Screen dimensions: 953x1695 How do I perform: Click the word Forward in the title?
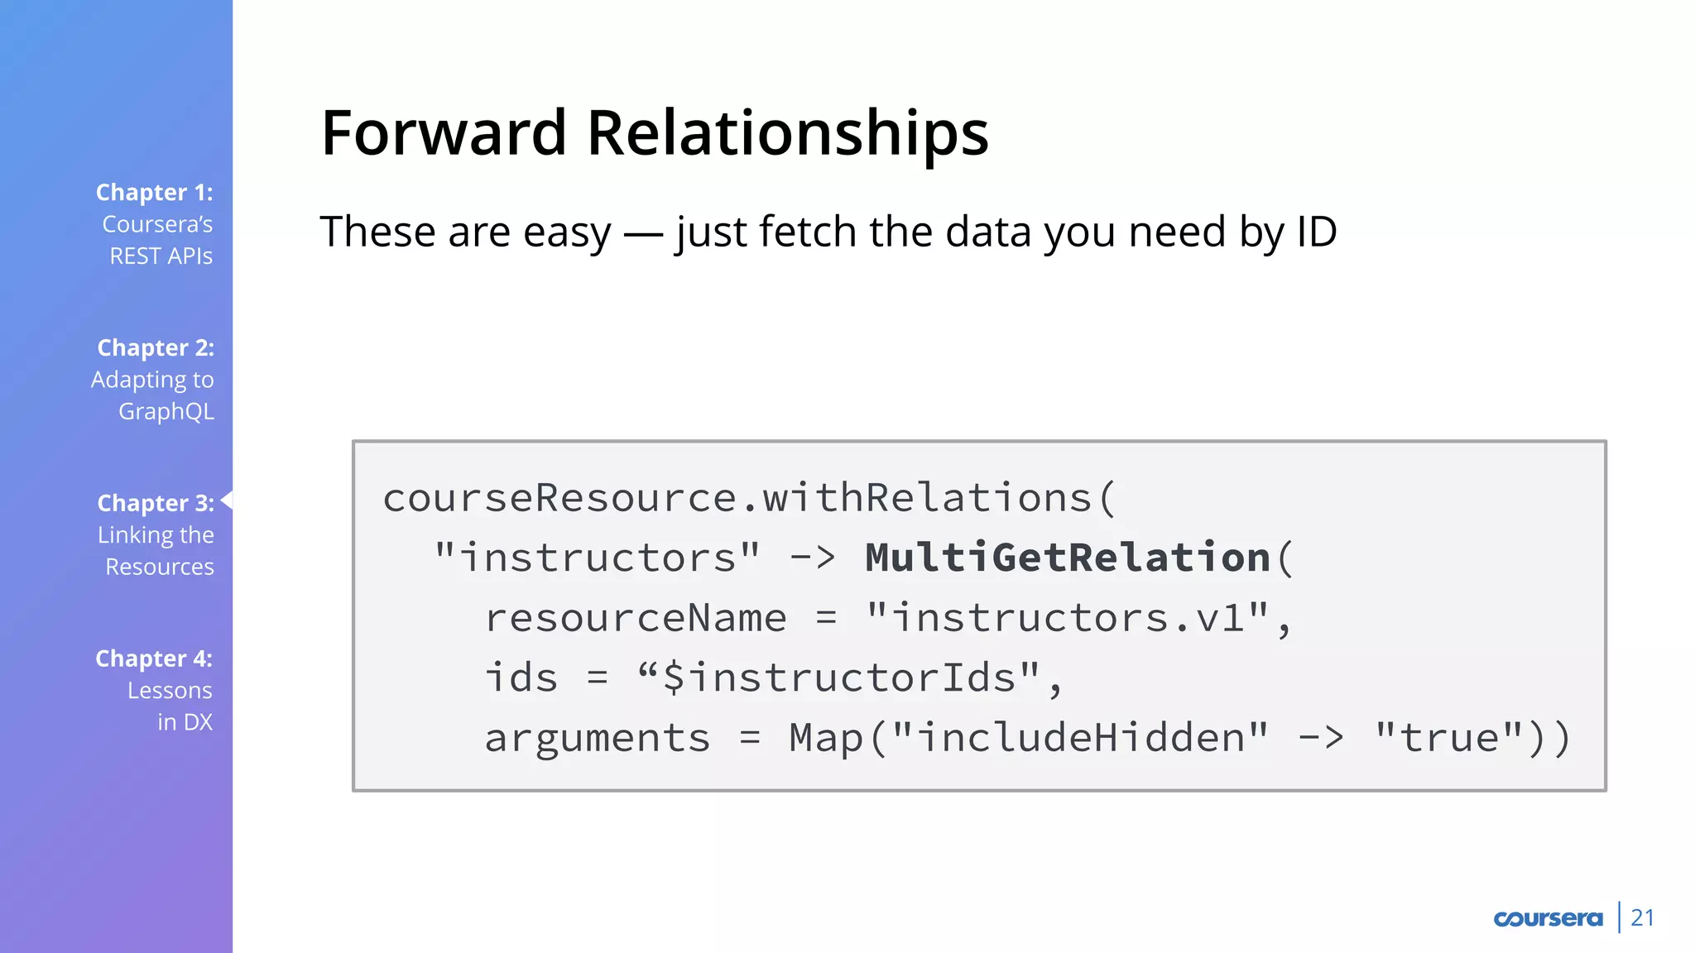click(x=444, y=133)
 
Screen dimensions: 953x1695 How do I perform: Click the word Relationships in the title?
click(x=787, y=133)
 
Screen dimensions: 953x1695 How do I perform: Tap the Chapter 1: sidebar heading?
click(x=154, y=193)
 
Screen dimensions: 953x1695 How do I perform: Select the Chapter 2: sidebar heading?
click(x=156, y=348)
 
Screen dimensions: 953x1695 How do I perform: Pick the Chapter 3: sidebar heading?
click(x=156, y=504)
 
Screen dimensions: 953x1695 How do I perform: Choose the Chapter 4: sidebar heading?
click(x=154, y=659)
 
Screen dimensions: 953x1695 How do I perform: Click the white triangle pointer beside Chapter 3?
click(x=227, y=500)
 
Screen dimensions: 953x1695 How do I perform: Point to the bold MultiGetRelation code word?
click(x=1068, y=558)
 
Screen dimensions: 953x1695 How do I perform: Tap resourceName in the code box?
click(x=636, y=618)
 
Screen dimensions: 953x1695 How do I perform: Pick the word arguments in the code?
click(x=598, y=738)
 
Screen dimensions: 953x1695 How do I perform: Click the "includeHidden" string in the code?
click(x=1081, y=738)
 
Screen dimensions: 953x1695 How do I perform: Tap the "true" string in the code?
click(x=1448, y=738)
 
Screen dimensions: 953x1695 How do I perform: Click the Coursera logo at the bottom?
click(x=1548, y=918)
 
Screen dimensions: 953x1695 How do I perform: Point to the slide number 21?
click(x=1642, y=918)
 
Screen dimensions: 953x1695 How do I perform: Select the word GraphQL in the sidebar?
click(x=166, y=412)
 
